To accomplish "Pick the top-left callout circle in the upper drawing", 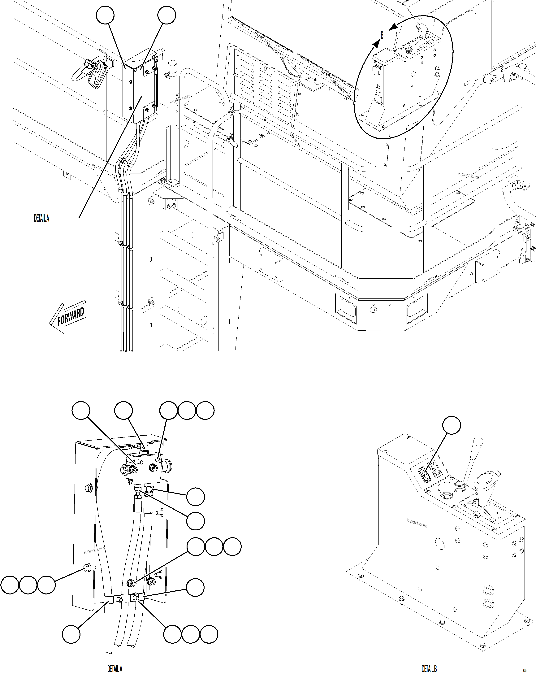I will coord(105,15).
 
